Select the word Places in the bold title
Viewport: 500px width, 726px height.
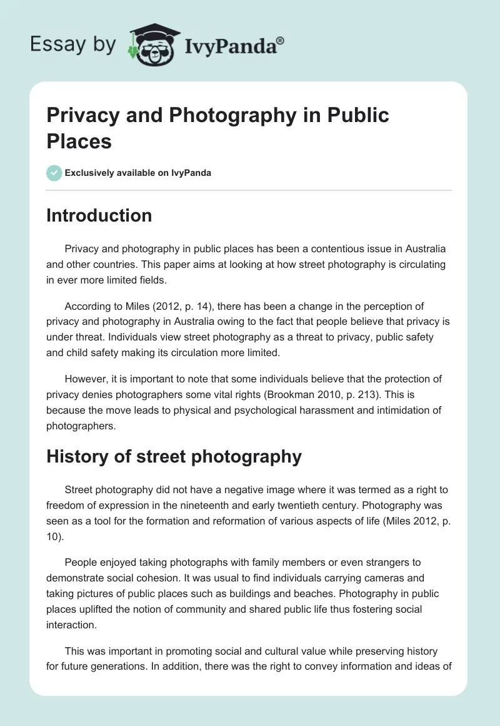pos(79,141)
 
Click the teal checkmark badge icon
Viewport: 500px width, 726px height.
pos(54,173)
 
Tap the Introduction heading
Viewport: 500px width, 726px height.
pos(99,215)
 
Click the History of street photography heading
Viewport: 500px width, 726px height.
pos(174,457)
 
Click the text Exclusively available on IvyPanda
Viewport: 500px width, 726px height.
pos(139,173)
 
